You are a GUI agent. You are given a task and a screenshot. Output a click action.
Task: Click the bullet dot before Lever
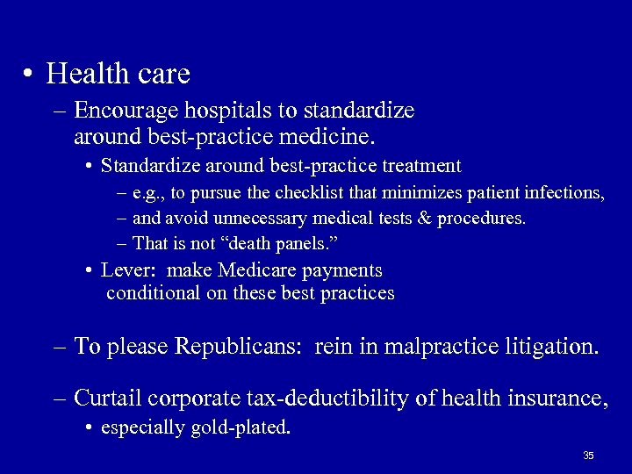[91, 271]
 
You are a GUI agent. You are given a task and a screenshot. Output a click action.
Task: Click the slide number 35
[588, 456]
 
